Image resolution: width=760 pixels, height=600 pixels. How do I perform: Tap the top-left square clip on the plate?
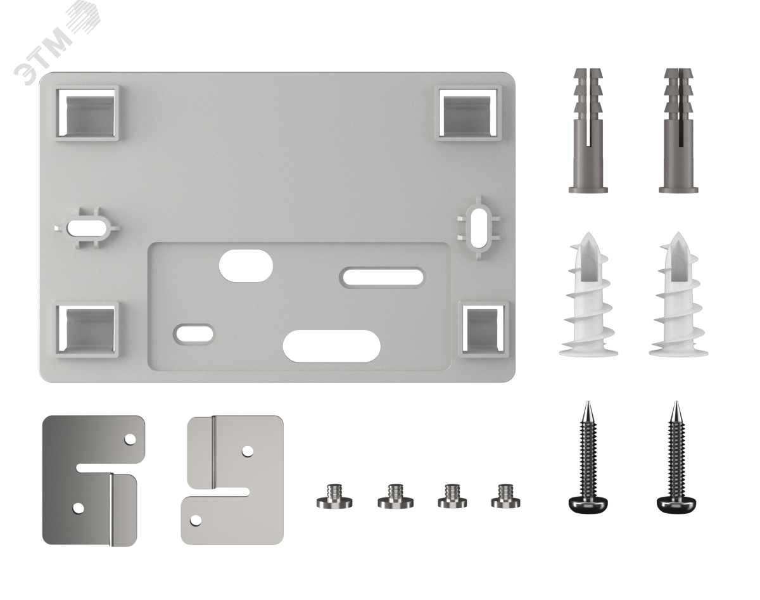coord(87,112)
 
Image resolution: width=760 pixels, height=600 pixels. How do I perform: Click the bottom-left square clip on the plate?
coord(87,329)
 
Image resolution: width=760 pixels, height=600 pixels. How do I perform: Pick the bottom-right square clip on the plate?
coord(483,329)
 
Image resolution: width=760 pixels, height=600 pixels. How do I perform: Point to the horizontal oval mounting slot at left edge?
coord(87,227)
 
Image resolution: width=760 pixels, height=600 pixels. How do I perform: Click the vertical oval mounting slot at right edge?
coord(478,228)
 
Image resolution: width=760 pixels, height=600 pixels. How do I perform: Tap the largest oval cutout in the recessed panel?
coord(332,347)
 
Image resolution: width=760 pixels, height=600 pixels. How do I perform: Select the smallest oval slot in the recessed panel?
coord(193,333)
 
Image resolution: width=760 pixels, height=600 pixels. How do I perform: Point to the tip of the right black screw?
coord(676,402)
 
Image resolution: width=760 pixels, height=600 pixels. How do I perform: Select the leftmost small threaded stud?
coord(334,497)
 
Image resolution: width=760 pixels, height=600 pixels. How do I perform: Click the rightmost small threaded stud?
coord(506,496)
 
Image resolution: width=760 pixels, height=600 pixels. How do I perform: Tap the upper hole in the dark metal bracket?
coord(130,439)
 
